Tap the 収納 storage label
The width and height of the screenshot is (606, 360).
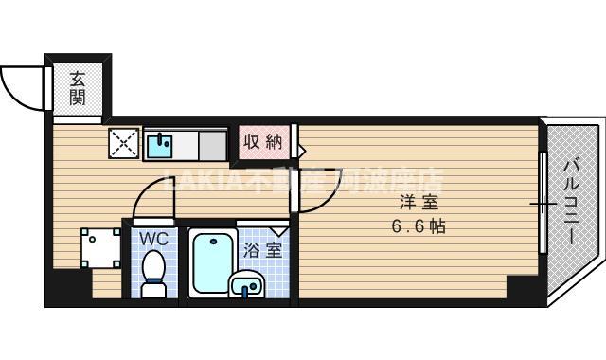pos(262,142)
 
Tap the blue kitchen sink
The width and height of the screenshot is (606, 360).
pos(160,145)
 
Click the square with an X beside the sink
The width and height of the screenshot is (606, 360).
pos(124,144)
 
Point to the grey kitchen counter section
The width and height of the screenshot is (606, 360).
pos(211,145)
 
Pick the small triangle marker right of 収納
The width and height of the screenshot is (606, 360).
pos(300,149)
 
